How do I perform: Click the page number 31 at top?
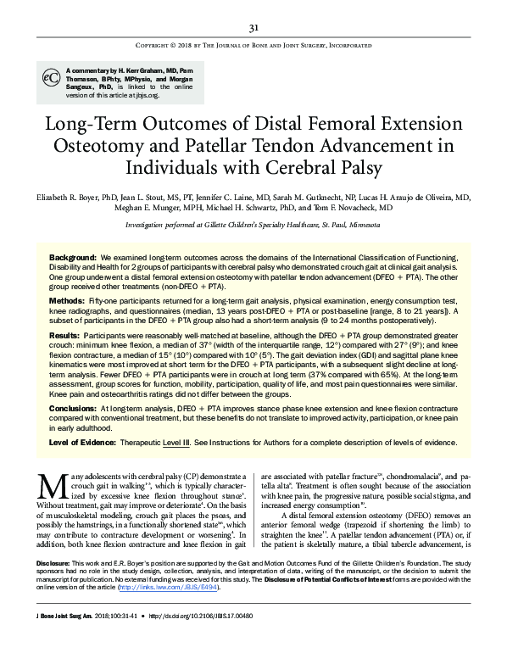(x=253, y=26)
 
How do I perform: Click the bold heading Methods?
(x=67, y=301)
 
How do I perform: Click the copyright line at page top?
(x=253, y=46)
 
